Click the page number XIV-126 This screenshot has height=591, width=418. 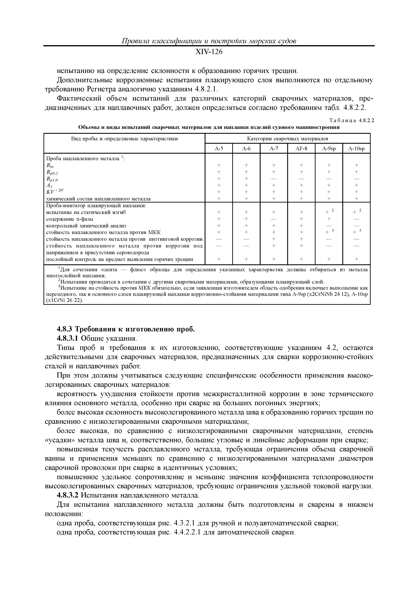(x=209, y=52)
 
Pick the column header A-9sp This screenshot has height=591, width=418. (x=329, y=149)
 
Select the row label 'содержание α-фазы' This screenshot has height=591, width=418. (x=70, y=219)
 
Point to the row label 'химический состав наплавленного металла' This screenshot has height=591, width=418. (x=98, y=199)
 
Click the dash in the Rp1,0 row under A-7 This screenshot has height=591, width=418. (x=274, y=179)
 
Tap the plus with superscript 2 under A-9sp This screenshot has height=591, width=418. (x=328, y=212)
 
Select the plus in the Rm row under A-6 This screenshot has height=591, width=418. (x=246, y=165)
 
